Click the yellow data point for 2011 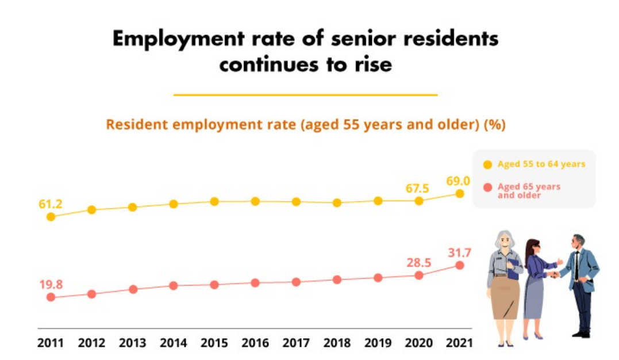51,217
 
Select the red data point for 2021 459,265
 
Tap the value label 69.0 457,181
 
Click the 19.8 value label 51,284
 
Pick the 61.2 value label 51,204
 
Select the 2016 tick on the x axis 255,343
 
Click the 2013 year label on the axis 132,343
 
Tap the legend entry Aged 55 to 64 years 541,164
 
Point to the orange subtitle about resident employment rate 305,125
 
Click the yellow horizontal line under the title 305,95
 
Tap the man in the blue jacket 580,282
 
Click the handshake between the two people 555,274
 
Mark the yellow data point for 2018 337,203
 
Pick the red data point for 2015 214,285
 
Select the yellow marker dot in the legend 487,164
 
